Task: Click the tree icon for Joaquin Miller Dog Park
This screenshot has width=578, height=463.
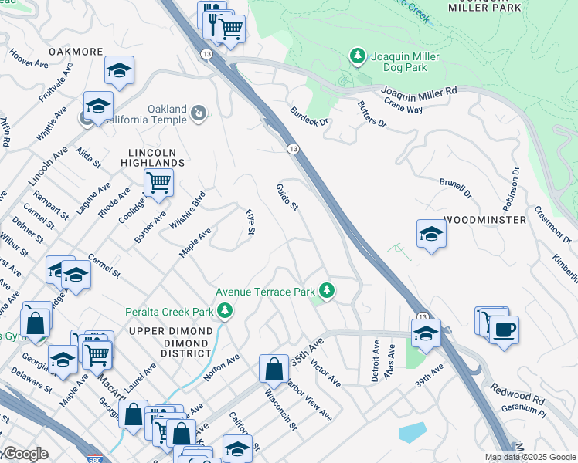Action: (x=357, y=56)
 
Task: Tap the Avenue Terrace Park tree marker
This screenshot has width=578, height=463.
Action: (x=328, y=291)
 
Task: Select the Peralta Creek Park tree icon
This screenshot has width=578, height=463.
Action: (x=225, y=311)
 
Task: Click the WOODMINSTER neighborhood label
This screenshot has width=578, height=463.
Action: (x=484, y=220)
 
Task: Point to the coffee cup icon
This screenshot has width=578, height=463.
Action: (x=504, y=330)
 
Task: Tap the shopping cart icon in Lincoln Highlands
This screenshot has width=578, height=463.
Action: (x=158, y=183)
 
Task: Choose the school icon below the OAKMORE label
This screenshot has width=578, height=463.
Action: (x=119, y=70)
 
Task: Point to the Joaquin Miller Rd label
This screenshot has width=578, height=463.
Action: (x=420, y=90)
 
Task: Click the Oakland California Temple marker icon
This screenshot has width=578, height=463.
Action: (x=199, y=114)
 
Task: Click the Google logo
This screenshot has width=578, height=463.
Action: (x=24, y=454)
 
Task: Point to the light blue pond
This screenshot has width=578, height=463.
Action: (x=413, y=431)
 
